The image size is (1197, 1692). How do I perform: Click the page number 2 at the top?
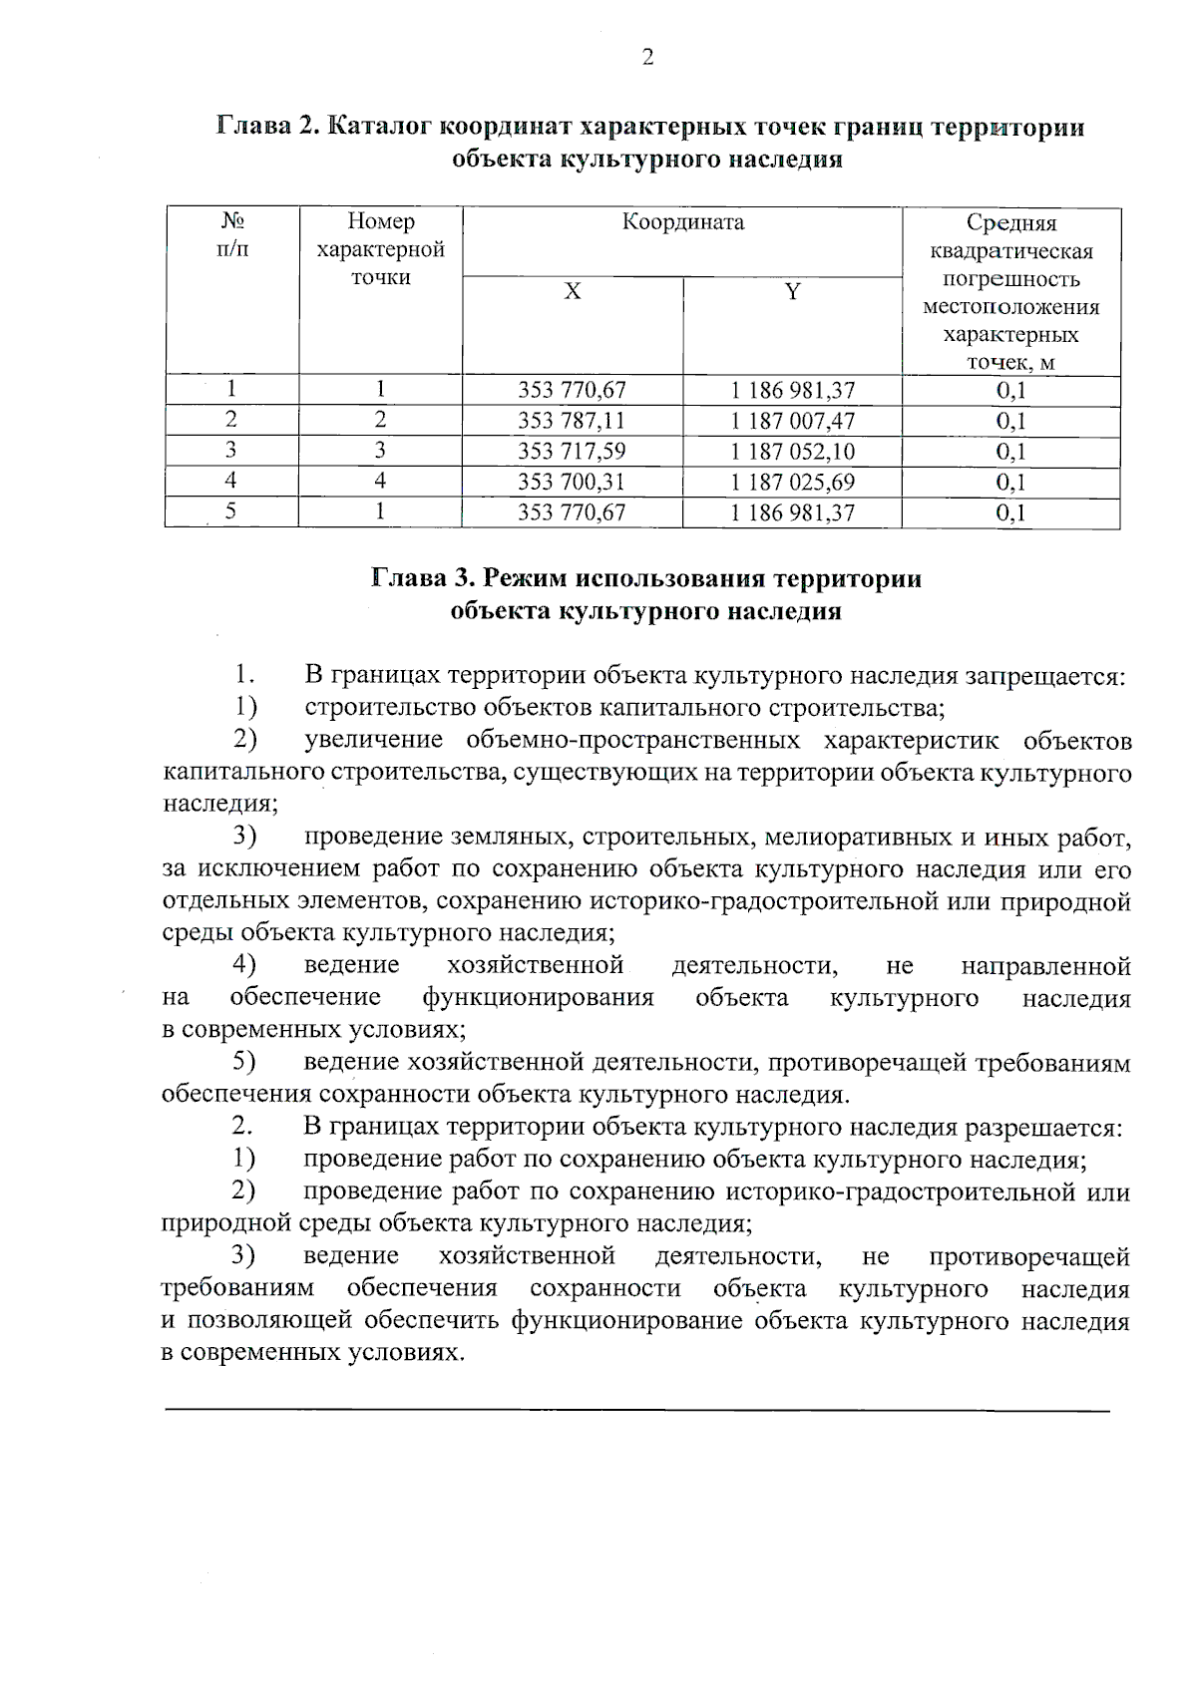(x=647, y=58)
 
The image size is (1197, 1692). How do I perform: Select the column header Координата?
(x=683, y=221)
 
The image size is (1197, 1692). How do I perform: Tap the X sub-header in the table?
(x=573, y=291)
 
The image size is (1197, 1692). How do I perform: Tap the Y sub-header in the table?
(x=792, y=291)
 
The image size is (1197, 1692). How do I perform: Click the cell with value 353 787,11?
(x=572, y=421)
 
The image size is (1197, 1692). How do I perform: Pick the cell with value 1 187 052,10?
(x=792, y=452)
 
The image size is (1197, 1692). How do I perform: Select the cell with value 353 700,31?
(x=572, y=483)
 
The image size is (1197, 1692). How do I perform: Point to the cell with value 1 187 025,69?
(x=792, y=483)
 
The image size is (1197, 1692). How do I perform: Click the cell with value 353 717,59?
(x=572, y=452)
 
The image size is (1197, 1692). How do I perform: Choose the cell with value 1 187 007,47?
(x=792, y=421)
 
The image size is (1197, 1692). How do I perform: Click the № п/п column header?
(x=231, y=233)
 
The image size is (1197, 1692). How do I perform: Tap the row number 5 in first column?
(x=231, y=512)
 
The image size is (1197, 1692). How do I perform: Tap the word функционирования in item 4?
(x=538, y=998)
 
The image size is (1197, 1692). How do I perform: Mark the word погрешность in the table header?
(x=1010, y=279)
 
